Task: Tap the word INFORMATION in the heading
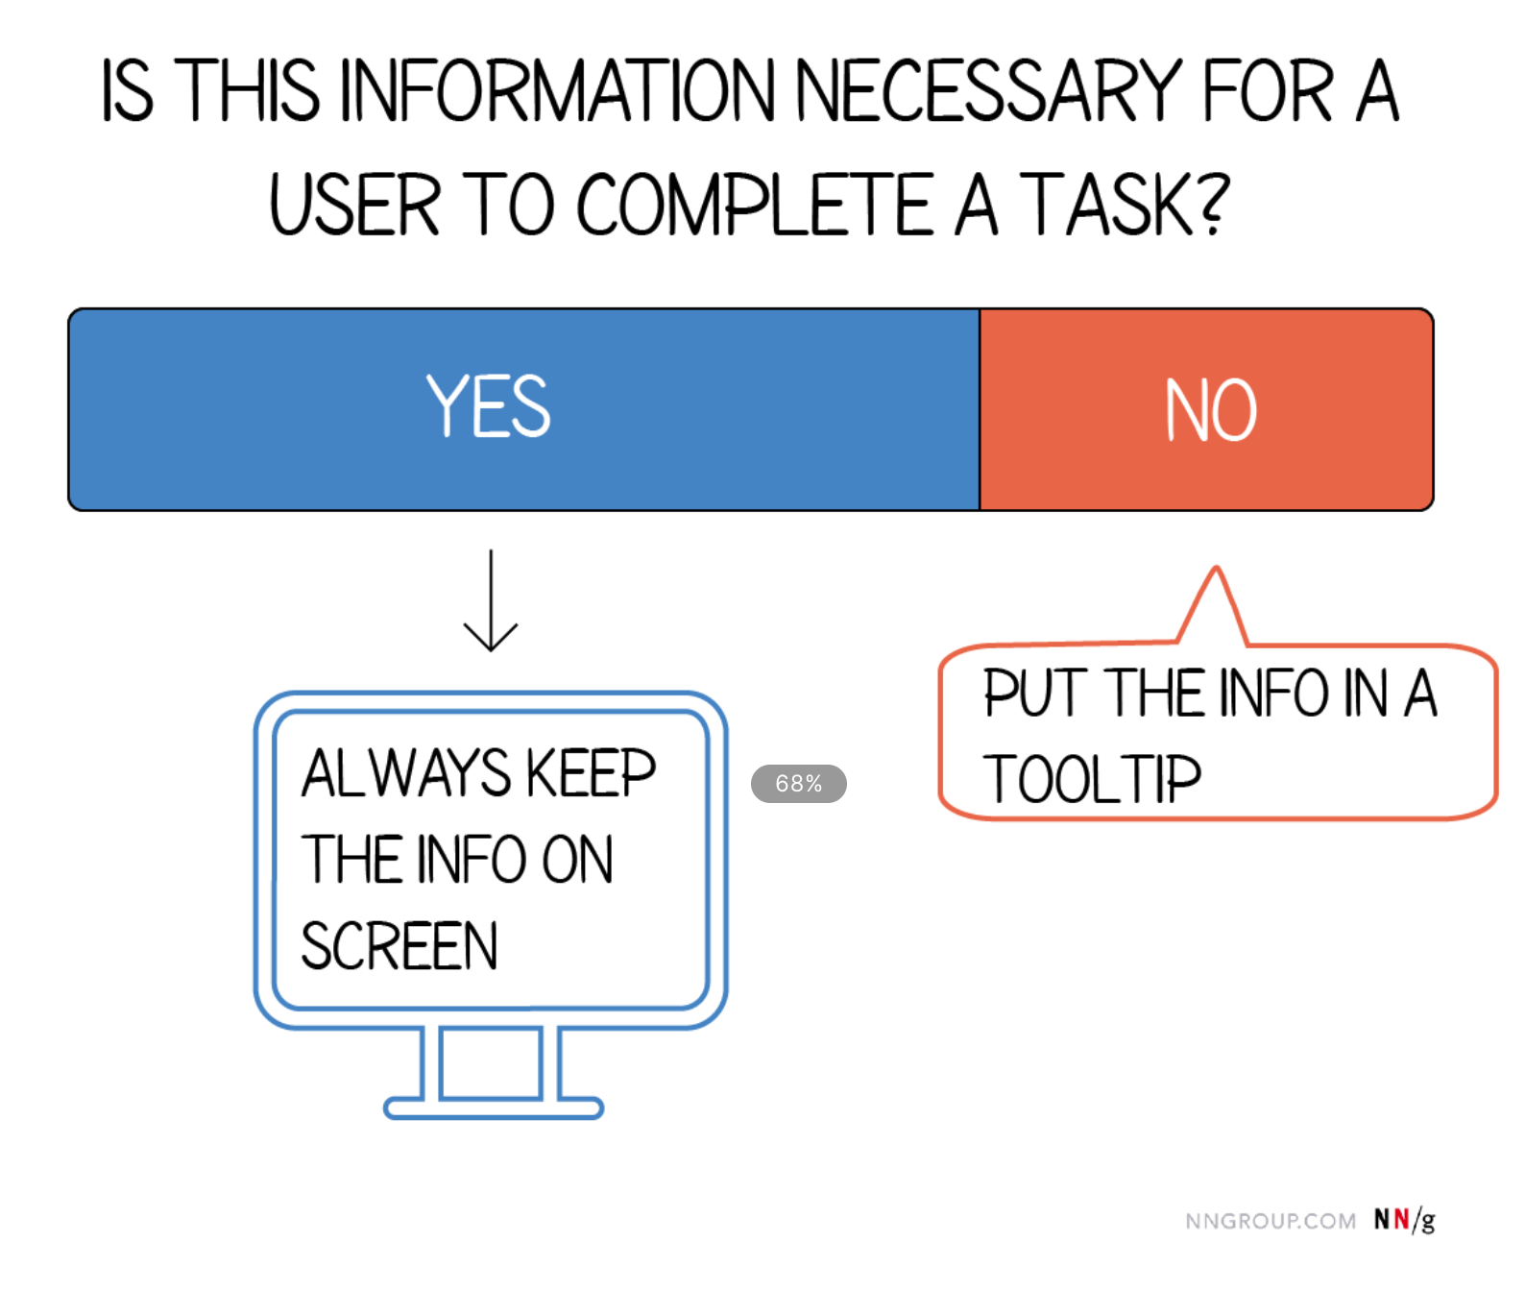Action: [x=557, y=90]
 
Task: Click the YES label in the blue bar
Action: [x=489, y=406]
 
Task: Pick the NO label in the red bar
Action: [x=1211, y=410]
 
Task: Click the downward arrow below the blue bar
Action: [x=491, y=600]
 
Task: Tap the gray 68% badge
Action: [x=799, y=784]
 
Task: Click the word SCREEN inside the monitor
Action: [x=399, y=945]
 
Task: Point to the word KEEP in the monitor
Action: [x=592, y=773]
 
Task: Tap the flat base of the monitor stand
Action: [x=494, y=1108]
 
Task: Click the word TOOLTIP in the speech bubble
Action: [x=1092, y=779]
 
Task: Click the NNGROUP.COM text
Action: [x=1271, y=1221]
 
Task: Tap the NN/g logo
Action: [x=1404, y=1220]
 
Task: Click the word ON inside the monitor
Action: [x=577, y=860]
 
